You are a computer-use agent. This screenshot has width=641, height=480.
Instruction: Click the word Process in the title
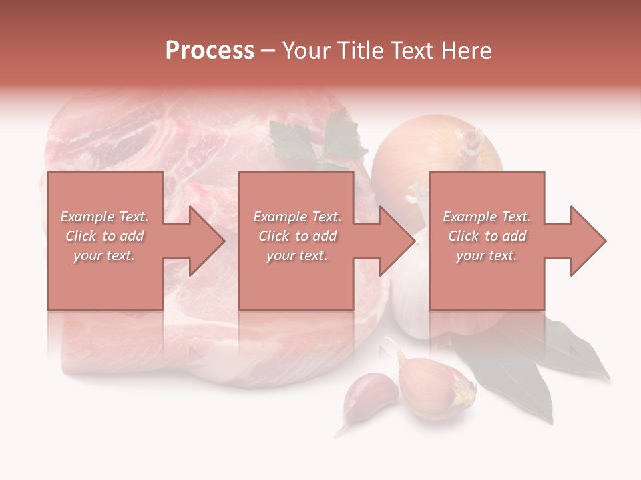point(210,51)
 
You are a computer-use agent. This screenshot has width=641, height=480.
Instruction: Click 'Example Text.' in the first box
point(105,217)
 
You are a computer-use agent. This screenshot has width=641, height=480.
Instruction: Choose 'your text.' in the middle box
point(297,255)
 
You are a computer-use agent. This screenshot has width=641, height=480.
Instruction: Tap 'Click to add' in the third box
point(487,236)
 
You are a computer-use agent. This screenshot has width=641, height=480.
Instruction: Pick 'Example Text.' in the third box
point(487,217)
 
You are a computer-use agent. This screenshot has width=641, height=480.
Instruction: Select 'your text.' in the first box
point(105,255)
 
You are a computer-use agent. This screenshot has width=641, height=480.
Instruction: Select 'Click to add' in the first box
point(105,236)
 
